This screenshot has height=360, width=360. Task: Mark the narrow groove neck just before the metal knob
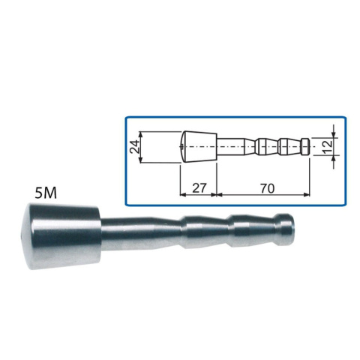coord(274,229)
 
